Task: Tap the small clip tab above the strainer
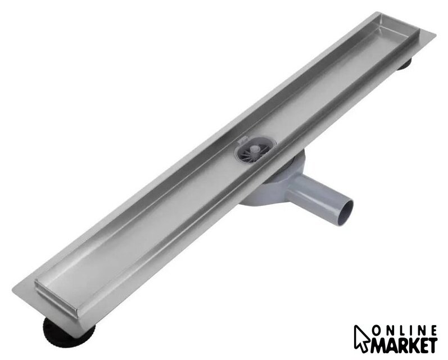[243, 140]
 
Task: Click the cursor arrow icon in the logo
[363, 338]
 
